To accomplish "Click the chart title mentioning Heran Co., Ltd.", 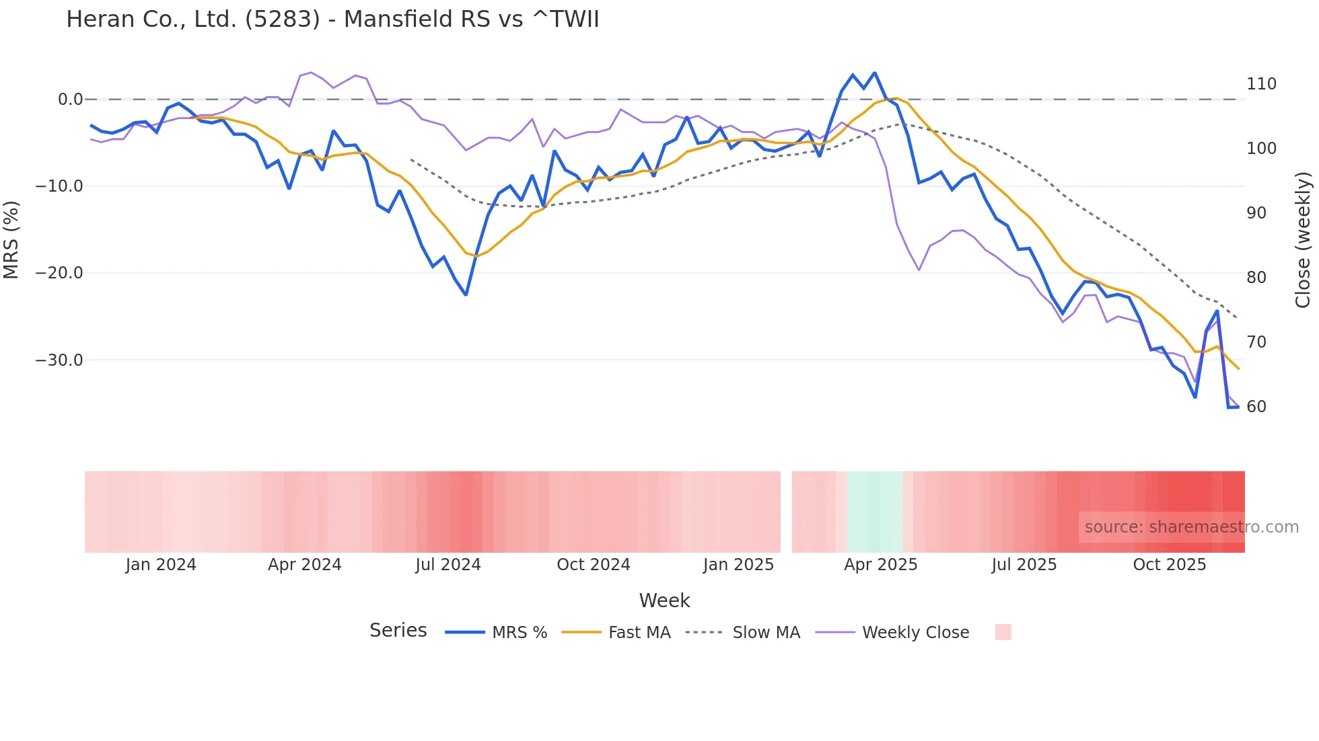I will (332, 19).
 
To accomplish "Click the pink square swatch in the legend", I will (1003, 632).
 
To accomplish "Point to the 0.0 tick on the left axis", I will (70, 100).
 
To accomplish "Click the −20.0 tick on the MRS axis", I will (59, 273).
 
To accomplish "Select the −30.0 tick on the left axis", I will (59, 360).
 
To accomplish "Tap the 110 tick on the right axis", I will (1261, 84).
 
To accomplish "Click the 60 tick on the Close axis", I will (1256, 407).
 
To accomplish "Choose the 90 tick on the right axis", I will (1256, 213).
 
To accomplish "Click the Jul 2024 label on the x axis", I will (448, 565).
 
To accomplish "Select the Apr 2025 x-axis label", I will (880, 565).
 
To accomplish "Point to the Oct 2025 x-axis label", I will (1169, 565).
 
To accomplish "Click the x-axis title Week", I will (664, 600).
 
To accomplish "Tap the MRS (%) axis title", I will (11, 239).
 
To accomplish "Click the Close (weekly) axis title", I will (1304, 240).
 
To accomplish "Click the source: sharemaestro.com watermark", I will (1191, 527).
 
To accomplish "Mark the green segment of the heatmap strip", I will (874, 512).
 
